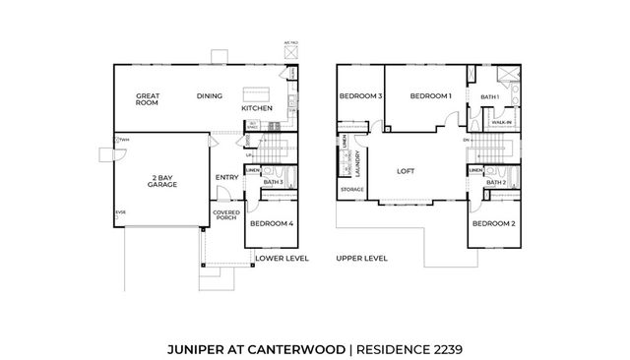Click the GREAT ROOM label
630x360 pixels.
pos(149,100)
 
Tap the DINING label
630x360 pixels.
pos(209,96)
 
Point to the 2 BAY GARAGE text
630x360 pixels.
pos(162,181)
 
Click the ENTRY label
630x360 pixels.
pos(226,178)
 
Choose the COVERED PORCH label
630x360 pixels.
pos(225,215)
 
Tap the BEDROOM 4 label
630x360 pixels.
pos(270,224)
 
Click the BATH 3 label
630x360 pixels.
pos(274,182)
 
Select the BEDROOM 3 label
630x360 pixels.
pos(359,96)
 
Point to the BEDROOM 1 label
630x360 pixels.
pos(430,96)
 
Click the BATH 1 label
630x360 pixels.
pos(490,97)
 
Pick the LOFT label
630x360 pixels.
pos(405,170)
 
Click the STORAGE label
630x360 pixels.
pos(351,189)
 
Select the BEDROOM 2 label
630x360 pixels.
pos(492,224)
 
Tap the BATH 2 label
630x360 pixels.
pos(496,182)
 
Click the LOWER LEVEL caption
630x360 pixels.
pos(282,258)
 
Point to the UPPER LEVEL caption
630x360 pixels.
pos(361,258)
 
